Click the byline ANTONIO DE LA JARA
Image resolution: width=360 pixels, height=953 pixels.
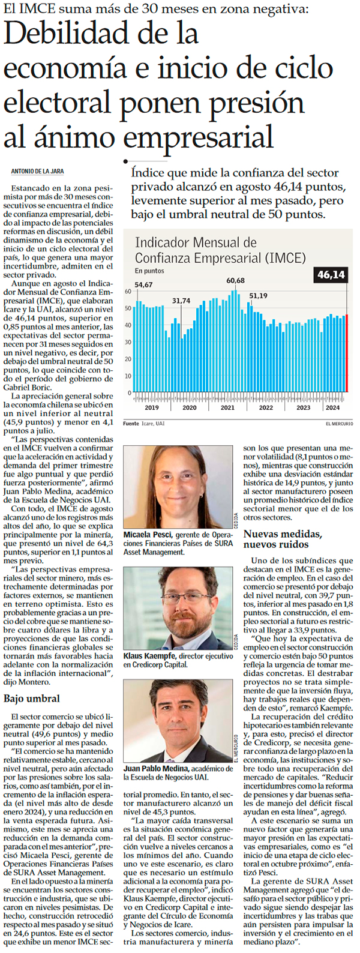[x=37, y=172]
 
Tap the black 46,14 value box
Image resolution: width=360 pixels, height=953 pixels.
[x=331, y=275]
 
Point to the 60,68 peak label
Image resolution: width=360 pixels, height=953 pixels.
[x=235, y=281]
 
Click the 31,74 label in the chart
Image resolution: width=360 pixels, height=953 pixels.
[x=181, y=301]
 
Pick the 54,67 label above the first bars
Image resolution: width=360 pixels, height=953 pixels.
[x=143, y=285]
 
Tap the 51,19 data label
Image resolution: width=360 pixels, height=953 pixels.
[x=259, y=296]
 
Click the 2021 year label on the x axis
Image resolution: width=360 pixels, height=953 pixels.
[x=227, y=408]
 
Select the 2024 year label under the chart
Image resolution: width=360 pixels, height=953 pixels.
[x=332, y=408]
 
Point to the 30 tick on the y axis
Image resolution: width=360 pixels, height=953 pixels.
[x=128, y=343]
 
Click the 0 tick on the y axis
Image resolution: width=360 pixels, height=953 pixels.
[x=129, y=393]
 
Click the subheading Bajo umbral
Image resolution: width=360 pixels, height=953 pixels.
[x=32, y=699]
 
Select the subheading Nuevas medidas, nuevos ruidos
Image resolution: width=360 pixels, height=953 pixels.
[x=283, y=539]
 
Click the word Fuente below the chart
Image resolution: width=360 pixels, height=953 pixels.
[x=131, y=424]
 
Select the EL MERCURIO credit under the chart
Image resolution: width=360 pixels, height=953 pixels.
[x=339, y=424]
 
